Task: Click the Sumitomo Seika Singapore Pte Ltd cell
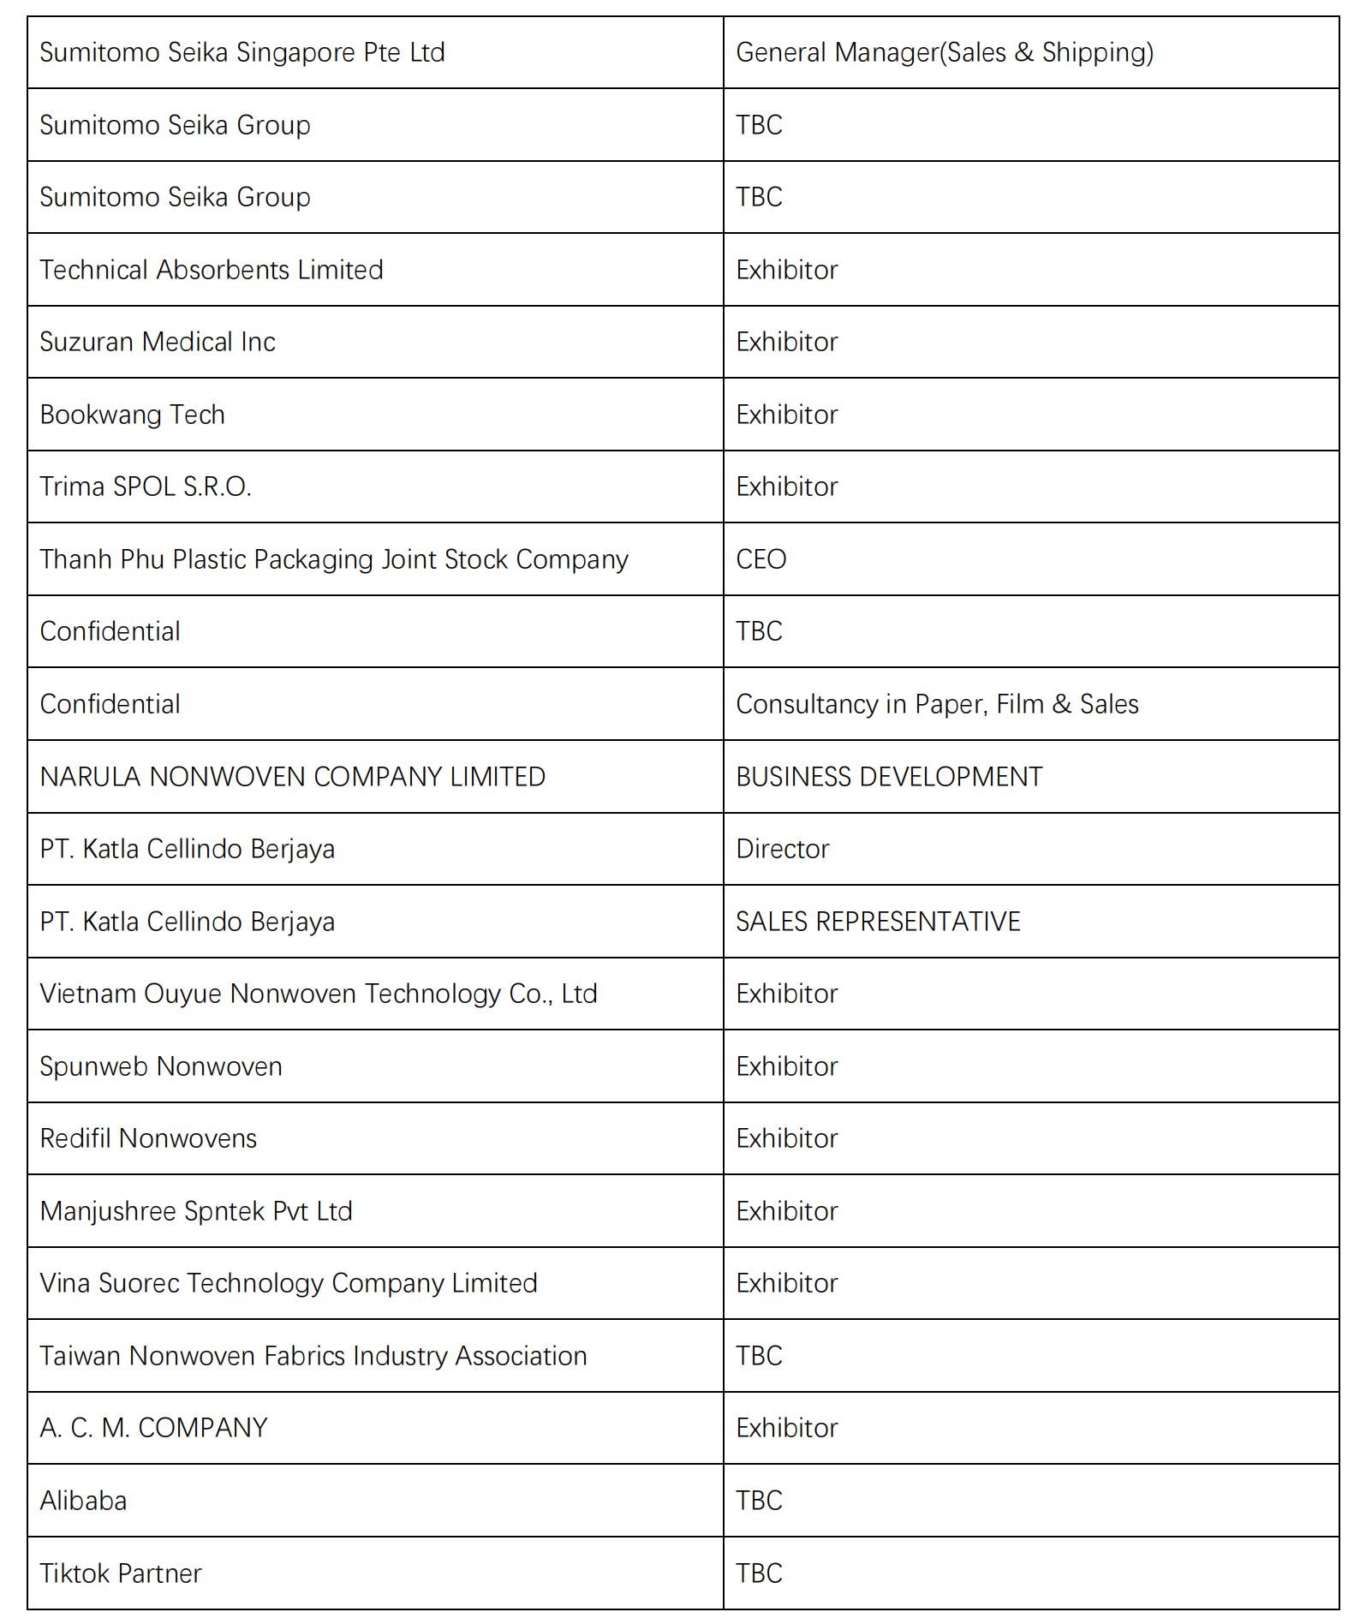(x=242, y=53)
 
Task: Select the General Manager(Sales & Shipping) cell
(x=945, y=53)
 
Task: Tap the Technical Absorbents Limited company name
(x=212, y=271)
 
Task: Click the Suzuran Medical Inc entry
(x=158, y=343)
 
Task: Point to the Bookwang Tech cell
(x=133, y=415)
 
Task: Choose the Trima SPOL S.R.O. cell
(x=146, y=487)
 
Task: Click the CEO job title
(x=761, y=560)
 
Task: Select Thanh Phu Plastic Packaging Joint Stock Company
(x=334, y=560)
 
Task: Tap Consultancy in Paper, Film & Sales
(x=937, y=705)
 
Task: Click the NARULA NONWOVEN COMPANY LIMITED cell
(x=293, y=777)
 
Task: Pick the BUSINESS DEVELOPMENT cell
(x=889, y=777)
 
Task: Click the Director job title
(x=783, y=850)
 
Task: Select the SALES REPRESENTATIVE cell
(x=878, y=922)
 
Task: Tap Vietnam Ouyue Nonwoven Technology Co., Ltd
(x=319, y=994)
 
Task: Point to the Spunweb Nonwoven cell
(x=161, y=1067)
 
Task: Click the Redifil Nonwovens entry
(x=148, y=1139)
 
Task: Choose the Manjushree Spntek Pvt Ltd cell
(x=196, y=1212)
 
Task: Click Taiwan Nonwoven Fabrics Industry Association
(x=313, y=1357)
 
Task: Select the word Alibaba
(x=83, y=1502)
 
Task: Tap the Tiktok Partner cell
(x=121, y=1574)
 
